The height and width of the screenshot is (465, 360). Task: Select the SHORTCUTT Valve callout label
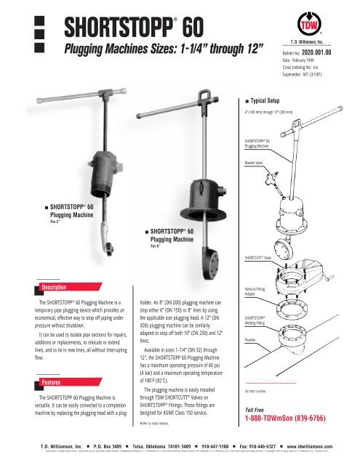[x=258, y=257]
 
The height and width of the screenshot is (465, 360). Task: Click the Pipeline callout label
[x=251, y=339]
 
